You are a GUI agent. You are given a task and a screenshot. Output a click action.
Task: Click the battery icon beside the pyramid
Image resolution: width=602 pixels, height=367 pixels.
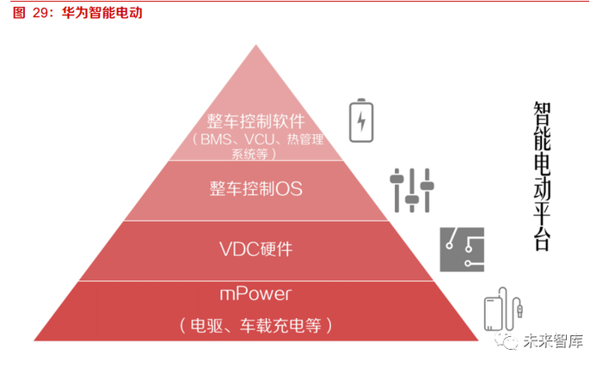pyautogui.click(x=360, y=120)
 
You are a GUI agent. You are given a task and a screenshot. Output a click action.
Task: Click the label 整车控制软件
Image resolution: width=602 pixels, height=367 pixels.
pyautogui.click(x=256, y=121)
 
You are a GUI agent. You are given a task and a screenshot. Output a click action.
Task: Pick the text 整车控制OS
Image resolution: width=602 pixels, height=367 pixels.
pyautogui.click(x=256, y=187)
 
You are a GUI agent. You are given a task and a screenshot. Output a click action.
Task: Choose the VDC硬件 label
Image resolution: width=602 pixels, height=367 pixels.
pyautogui.click(x=256, y=249)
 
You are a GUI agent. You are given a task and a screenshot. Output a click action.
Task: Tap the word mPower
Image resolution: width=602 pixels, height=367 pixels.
pyautogui.click(x=255, y=295)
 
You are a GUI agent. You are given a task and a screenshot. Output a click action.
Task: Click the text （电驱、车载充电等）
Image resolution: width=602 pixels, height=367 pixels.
pyautogui.click(x=255, y=326)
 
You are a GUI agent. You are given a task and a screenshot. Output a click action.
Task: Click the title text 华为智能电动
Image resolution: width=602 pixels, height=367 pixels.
pyautogui.click(x=102, y=15)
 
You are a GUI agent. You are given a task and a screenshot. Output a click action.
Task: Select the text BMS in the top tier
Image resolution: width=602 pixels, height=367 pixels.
pyautogui.click(x=214, y=140)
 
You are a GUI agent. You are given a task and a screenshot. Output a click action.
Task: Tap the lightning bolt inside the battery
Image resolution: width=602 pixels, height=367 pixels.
pyautogui.click(x=360, y=122)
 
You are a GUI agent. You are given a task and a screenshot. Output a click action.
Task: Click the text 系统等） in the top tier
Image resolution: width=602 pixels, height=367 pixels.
pyautogui.click(x=255, y=155)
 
